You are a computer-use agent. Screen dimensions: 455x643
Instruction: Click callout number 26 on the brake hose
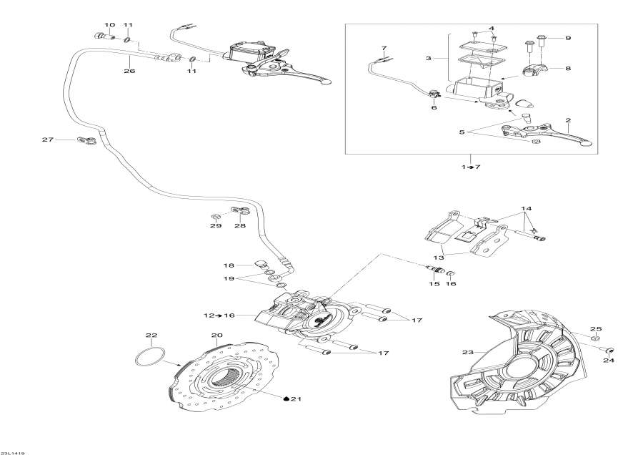pyautogui.click(x=129, y=71)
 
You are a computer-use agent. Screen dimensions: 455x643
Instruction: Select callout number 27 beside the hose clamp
pyautogui.click(x=48, y=140)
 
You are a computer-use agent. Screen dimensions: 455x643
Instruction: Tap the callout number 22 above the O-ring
pyautogui.click(x=151, y=336)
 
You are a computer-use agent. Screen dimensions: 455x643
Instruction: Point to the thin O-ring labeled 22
pyautogui.click(x=149, y=358)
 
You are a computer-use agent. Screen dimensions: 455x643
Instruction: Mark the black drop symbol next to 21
pyautogui.click(x=286, y=398)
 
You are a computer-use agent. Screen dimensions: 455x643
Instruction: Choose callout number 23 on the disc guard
pyautogui.click(x=467, y=352)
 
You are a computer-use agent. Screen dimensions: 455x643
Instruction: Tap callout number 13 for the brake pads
pyautogui.click(x=437, y=257)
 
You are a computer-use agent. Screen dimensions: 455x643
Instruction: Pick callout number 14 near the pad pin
pyautogui.click(x=527, y=208)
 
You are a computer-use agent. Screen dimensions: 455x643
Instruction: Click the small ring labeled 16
pyautogui.click(x=452, y=274)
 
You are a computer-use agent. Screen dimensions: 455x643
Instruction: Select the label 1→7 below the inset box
pyautogui.click(x=472, y=167)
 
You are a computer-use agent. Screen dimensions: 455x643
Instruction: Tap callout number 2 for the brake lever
pyautogui.click(x=568, y=121)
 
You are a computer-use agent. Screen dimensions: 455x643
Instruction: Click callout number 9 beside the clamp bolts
pyautogui.click(x=568, y=37)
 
